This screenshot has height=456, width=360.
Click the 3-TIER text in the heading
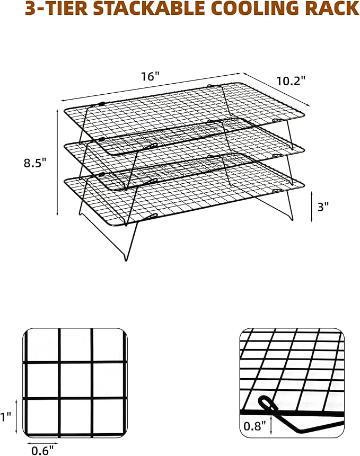click(56, 8)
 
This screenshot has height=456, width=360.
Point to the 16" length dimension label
click(151, 76)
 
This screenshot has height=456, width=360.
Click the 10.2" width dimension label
click(291, 81)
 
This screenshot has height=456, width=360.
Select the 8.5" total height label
click(35, 163)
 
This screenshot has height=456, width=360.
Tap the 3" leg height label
click(323, 207)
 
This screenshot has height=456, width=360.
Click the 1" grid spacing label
click(6, 417)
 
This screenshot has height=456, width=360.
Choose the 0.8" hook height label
click(255, 426)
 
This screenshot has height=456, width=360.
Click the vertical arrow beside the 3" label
click(312, 206)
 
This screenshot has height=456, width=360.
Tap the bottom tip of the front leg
click(126, 260)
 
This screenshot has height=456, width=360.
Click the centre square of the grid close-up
click(76, 380)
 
